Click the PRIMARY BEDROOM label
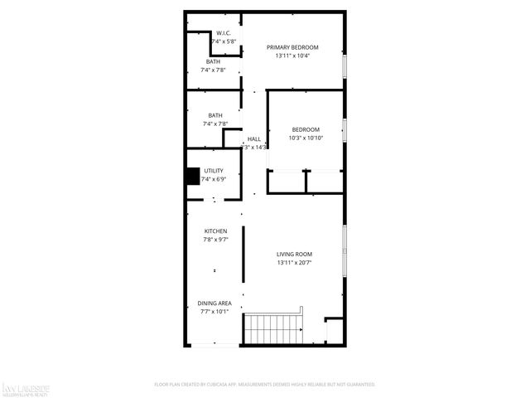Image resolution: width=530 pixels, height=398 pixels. [x=292, y=47]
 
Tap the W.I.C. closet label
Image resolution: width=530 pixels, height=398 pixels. [x=212, y=33]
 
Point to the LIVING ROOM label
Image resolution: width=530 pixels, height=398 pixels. [x=294, y=254]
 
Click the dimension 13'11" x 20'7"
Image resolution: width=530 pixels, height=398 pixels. [x=294, y=263]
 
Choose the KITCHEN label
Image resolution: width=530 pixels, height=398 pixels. [x=216, y=231]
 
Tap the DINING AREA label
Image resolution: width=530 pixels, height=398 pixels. [x=214, y=303]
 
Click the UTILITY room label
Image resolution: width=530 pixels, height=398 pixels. [x=214, y=171]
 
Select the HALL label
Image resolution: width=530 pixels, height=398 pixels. [x=253, y=138]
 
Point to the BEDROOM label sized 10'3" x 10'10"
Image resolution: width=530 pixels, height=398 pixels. [x=306, y=129]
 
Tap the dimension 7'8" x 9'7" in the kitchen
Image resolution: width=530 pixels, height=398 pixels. [x=216, y=240]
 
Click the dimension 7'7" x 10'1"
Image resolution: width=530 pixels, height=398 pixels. [x=214, y=313]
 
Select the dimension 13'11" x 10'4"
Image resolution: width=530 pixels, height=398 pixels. [x=292, y=56]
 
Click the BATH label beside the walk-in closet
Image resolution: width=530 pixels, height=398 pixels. [x=214, y=62]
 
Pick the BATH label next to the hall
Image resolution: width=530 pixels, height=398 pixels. [x=215, y=115]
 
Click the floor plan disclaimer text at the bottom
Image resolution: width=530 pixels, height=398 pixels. [x=265, y=385]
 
